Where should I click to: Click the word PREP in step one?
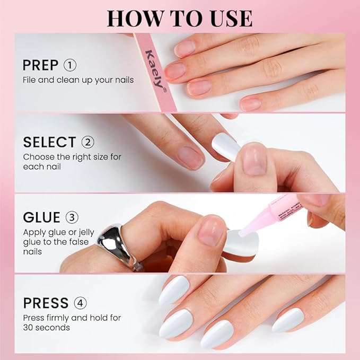[40, 65]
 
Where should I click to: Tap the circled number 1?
[70, 65]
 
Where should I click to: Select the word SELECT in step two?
[49, 142]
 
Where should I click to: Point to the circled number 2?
[87, 142]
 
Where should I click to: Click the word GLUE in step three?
[41, 218]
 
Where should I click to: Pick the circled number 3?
[72, 218]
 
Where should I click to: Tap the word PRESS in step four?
[46, 303]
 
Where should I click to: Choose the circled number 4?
[81, 303]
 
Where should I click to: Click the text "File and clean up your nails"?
[78, 80]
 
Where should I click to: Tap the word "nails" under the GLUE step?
[33, 251]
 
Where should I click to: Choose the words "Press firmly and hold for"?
[72, 318]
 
